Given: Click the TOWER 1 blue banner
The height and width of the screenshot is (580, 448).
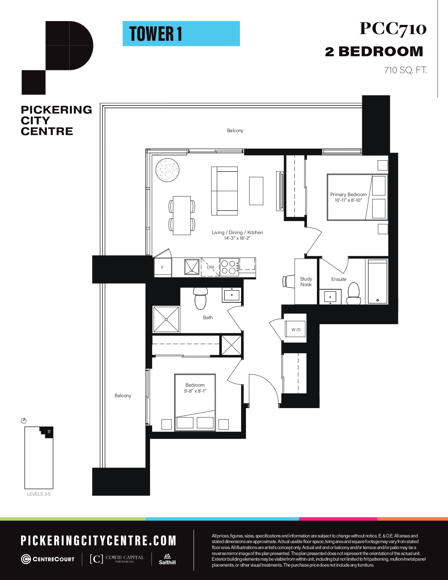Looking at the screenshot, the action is pos(181,34).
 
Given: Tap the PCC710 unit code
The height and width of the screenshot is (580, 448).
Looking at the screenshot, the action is pos(393,28).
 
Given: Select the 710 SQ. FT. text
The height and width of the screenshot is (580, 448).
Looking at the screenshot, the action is pos(405,70).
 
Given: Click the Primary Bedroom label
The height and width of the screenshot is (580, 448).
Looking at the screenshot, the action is pos(348,194).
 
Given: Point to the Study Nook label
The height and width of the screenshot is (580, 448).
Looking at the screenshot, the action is pos(306,282).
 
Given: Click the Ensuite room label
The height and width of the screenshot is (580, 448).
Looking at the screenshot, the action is pos(339,279).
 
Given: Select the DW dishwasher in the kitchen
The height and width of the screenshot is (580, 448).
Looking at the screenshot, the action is pos(210,267).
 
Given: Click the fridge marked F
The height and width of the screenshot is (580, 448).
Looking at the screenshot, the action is pos(162,267).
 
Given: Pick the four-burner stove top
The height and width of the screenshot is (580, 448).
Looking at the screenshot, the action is pos(229,267).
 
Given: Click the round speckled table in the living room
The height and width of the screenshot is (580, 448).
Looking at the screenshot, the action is pos(167,170).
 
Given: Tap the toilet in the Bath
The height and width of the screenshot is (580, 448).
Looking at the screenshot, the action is pos(200,298).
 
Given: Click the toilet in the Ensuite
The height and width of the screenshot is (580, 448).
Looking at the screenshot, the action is pos(353,293).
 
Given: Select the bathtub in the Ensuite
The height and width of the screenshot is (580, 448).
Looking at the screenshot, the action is pos(378,282).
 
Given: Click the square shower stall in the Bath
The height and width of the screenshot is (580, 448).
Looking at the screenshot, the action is pos(166,319).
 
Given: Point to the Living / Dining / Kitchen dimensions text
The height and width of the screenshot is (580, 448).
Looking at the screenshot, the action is pos(237,238).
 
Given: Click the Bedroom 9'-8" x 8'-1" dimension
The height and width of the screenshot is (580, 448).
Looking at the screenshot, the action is pos(195,391).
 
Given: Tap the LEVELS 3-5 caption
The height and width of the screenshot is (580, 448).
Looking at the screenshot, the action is pos(39,494).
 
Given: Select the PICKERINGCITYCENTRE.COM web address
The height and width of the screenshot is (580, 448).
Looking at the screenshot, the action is pos(98,541).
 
